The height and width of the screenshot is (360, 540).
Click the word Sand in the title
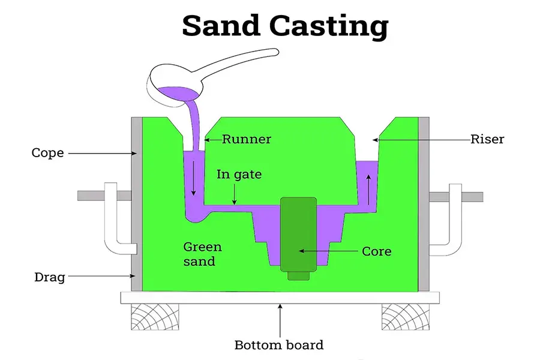[221, 26]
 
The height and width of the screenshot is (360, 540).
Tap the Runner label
[247, 139]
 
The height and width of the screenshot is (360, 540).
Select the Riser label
[487, 139]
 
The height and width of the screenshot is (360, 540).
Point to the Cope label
[47, 153]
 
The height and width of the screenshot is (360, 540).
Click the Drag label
[49, 277]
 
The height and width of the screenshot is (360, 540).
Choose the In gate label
[239, 175]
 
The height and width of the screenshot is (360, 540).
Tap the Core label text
[377, 251]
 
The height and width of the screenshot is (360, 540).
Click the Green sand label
[202, 254]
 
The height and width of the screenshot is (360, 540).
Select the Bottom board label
[278, 345]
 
